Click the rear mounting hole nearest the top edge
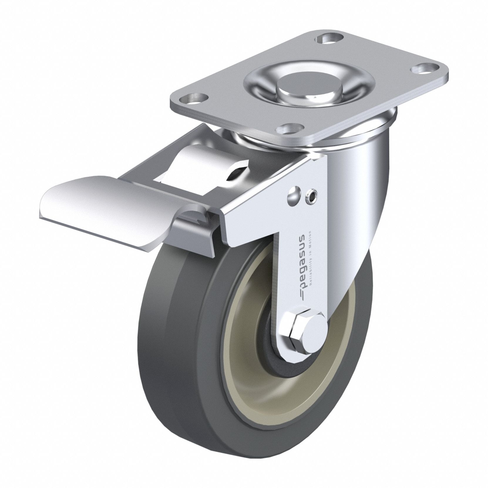pos(324,40)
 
